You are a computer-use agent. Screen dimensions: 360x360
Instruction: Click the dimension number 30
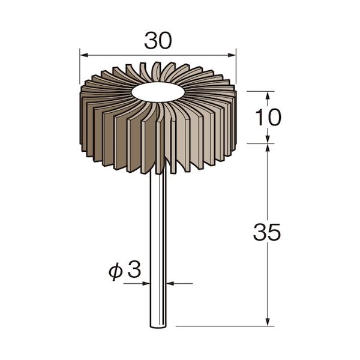[158, 40]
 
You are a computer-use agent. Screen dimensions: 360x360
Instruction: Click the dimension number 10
[268, 117]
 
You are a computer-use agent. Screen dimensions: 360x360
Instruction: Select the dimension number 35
[267, 232]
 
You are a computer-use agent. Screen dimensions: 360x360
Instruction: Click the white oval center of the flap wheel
[158, 92]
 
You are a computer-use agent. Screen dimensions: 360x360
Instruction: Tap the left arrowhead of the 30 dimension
[84, 55]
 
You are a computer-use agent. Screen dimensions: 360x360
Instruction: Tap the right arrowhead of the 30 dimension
[232, 55]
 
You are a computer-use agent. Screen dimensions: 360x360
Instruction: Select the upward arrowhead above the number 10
[268, 95]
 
